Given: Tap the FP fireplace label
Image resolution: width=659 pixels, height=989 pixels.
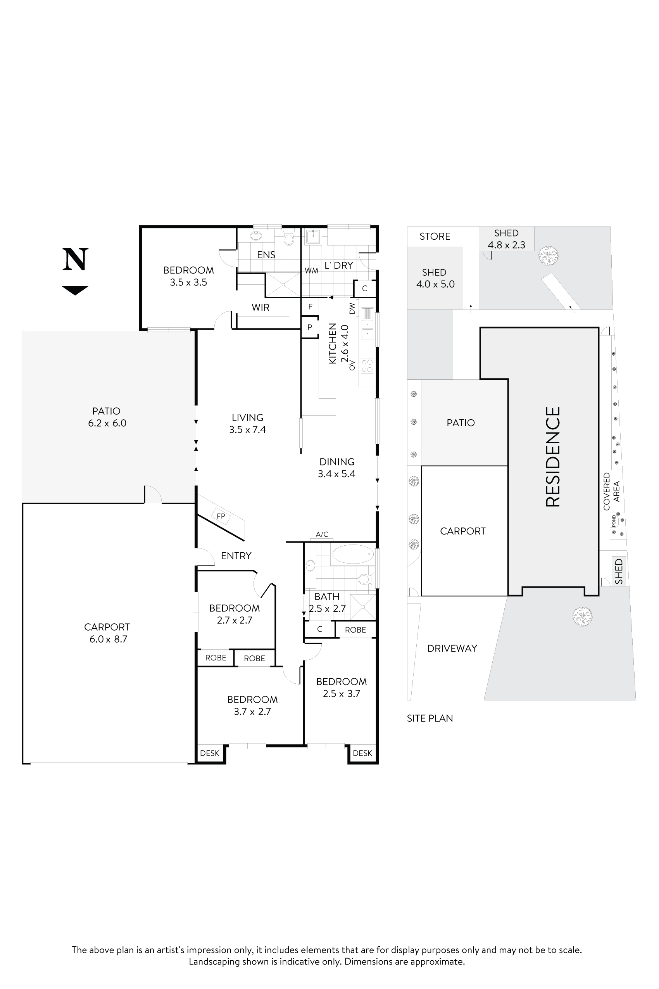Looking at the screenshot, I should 221,516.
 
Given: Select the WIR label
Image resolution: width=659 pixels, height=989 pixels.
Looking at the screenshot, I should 260,308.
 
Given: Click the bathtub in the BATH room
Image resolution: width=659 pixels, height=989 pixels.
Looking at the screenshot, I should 353,554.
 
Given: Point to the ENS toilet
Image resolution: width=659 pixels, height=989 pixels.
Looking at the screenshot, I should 289,239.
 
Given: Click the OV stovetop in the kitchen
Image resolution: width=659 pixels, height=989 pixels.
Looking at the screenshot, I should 367,365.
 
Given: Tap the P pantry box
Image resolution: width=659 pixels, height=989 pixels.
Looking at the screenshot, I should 310,327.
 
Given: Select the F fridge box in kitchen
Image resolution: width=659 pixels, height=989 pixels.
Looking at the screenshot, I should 310,306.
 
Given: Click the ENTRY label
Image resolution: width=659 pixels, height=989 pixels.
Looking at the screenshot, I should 236,556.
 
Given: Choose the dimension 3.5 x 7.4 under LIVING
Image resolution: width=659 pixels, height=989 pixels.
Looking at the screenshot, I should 247,430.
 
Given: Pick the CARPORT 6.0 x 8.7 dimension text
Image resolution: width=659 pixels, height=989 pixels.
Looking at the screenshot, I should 108,639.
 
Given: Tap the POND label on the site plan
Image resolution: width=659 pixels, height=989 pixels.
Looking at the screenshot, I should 614,520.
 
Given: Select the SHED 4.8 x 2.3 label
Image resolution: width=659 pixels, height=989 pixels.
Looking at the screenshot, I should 506,239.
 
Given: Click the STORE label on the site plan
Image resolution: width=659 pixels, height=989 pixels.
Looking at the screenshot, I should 435,236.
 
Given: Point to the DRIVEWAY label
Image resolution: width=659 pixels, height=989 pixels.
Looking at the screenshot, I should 452,648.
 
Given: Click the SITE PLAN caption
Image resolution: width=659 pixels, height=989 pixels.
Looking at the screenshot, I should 430,718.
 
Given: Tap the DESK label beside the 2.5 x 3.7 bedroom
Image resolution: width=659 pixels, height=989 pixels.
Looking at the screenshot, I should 362,753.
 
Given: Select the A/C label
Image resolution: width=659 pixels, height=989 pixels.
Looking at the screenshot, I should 322,534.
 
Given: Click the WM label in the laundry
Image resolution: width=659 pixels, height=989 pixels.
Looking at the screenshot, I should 311,271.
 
